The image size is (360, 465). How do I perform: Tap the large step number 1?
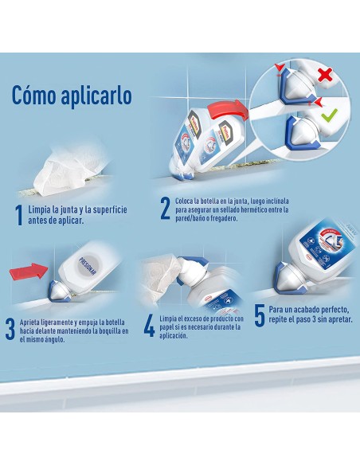(x=19, y=214)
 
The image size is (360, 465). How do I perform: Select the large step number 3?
(x=10, y=328)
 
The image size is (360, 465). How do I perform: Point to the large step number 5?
(x=259, y=316)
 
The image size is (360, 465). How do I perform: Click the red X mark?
(x=324, y=76)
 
